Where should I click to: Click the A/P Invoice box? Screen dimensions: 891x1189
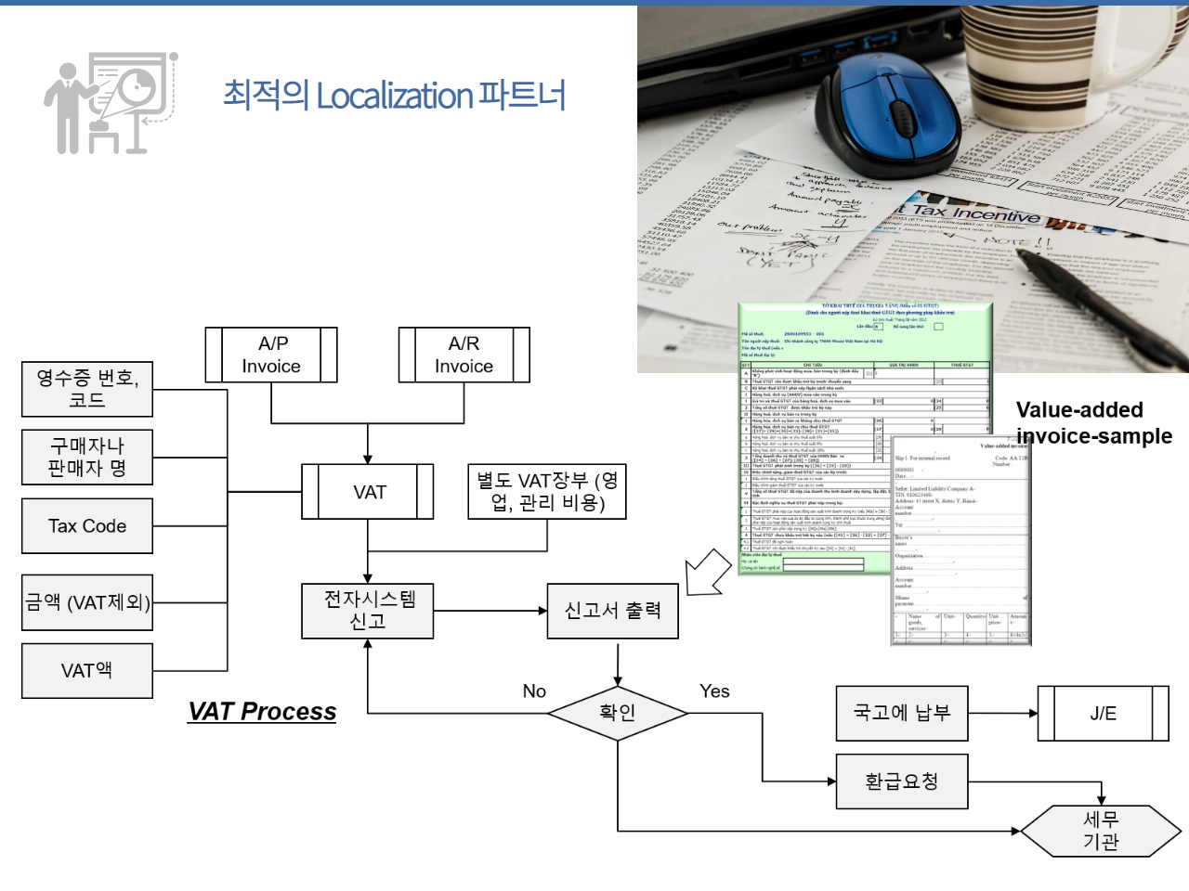click(x=271, y=355)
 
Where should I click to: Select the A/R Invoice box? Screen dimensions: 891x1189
click(x=464, y=355)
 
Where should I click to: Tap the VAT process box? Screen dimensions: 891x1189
click(x=368, y=492)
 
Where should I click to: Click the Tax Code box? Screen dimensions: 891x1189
click(x=87, y=526)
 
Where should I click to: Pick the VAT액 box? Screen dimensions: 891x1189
click(x=87, y=670)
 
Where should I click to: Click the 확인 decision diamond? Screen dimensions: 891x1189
click(x=618, y=713)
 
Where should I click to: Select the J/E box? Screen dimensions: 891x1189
click(x=1103, y=714)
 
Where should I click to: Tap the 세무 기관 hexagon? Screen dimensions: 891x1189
click(x=1101, y=831)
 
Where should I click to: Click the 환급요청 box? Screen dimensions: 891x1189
click(x=902, y=781)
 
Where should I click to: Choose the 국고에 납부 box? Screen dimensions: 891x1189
click(x=902, y=713)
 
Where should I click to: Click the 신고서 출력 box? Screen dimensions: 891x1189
click(x=613, y=611)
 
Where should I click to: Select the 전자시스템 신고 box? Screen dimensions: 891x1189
click(x=368, y=611)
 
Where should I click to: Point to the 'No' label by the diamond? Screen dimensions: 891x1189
click(x=534, y=691)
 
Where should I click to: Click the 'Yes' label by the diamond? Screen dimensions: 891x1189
click(x=714, y=691)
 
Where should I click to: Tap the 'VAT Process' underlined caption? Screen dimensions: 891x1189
click(x=262, y=712)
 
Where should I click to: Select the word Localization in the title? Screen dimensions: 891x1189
click(x=395, y=96)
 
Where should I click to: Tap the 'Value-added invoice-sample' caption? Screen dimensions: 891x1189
click(x=1093, y=423)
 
